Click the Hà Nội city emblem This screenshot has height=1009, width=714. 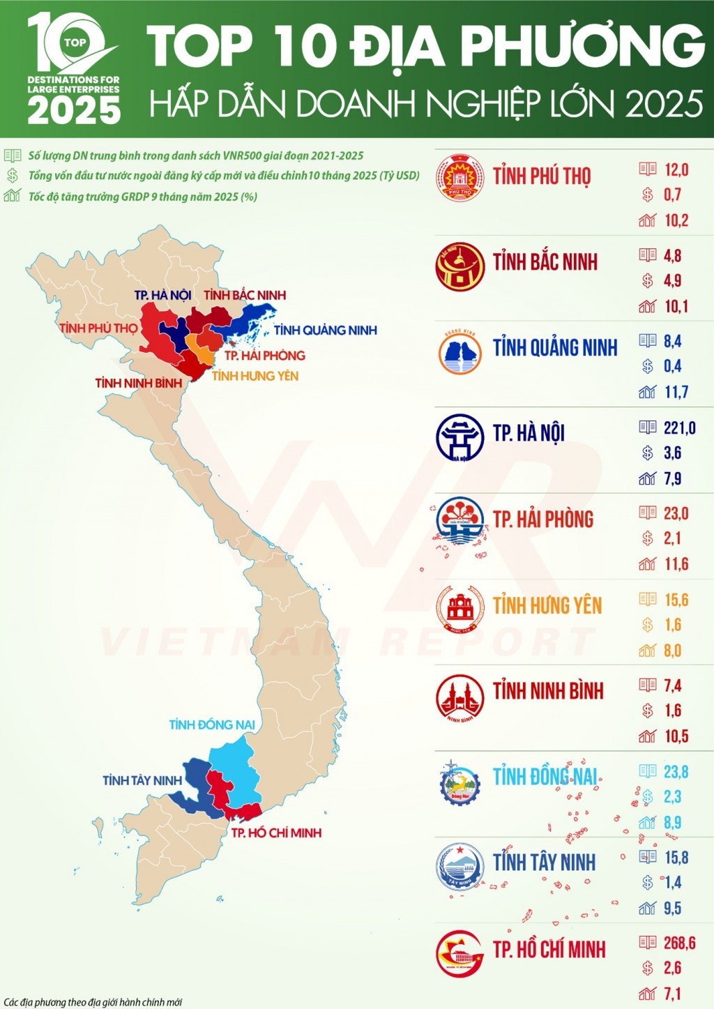pos(459,437)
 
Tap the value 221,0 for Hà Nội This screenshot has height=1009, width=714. pos(679,427)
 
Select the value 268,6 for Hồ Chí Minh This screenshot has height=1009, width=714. pos(679,943)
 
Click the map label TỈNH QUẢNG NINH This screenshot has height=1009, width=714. pos(325,330)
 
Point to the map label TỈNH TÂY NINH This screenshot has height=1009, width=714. pos(142,780)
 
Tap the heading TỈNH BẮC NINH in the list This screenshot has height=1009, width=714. pos(545,262)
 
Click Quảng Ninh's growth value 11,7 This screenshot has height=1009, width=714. pos(676,392)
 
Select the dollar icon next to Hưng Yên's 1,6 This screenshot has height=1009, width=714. pos(648,625)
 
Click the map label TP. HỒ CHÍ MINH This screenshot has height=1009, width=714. pos(276,833)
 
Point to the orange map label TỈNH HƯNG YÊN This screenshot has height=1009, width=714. pos(255,376)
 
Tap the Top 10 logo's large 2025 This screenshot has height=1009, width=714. pos(74,110)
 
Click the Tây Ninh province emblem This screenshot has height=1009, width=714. pos(459,867)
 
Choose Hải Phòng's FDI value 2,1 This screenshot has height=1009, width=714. pos(672,538)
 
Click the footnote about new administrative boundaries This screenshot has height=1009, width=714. pos(93,1002)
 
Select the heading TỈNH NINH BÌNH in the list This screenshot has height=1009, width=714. pos(548,691)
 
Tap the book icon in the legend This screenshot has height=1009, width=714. pos(12,155)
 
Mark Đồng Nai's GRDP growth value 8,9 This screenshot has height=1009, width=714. pos(672,823)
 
